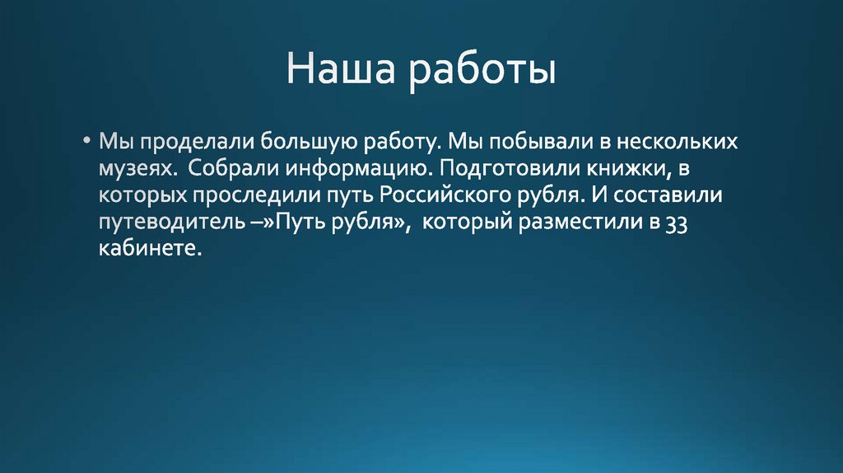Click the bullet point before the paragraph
[87, 141]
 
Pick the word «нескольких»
[679, 142]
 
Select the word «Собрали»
[233, 169]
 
